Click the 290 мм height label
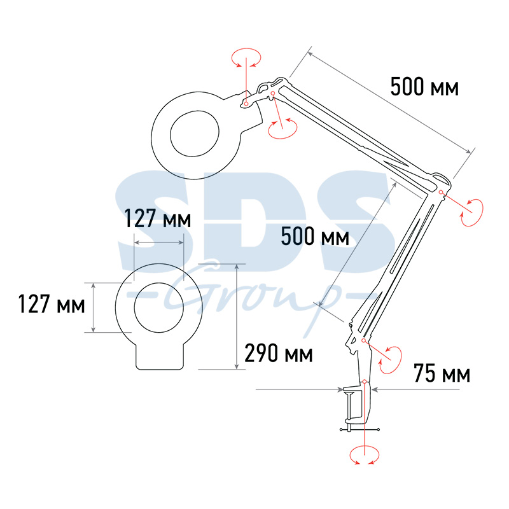279,353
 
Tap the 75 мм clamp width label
442,373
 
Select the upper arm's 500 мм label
424,87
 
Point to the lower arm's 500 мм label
315,236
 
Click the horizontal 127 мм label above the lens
158,218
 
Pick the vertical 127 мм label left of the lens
52,304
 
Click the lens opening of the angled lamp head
195,134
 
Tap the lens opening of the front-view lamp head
158,307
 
